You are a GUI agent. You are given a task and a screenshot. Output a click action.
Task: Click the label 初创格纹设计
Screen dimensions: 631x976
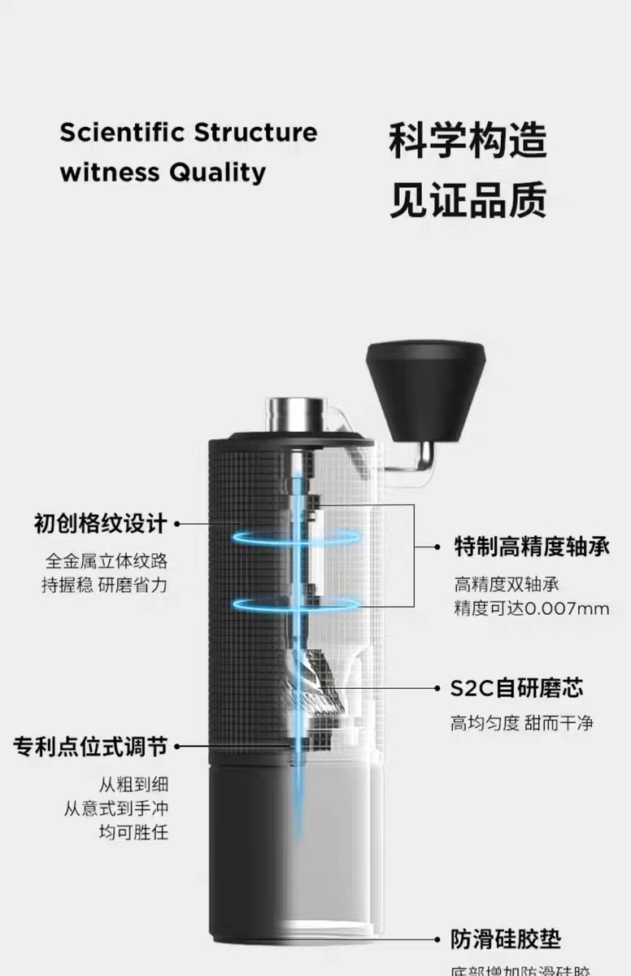(100, 523)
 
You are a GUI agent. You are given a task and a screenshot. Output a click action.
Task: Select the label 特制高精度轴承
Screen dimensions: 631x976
(532, 546)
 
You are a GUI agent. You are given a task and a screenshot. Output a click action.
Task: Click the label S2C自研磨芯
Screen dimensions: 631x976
(516, 689)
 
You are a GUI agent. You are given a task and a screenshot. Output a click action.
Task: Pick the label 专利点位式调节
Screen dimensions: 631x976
(90, 746)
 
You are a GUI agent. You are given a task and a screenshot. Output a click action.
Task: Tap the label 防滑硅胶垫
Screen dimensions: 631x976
(506, 940)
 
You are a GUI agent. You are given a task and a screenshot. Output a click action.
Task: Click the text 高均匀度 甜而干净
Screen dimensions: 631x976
(522, 722)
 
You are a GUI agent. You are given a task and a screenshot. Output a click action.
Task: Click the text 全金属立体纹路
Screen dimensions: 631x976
(107, 561)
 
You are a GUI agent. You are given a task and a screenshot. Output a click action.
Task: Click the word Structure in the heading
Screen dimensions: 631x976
(255, 133)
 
